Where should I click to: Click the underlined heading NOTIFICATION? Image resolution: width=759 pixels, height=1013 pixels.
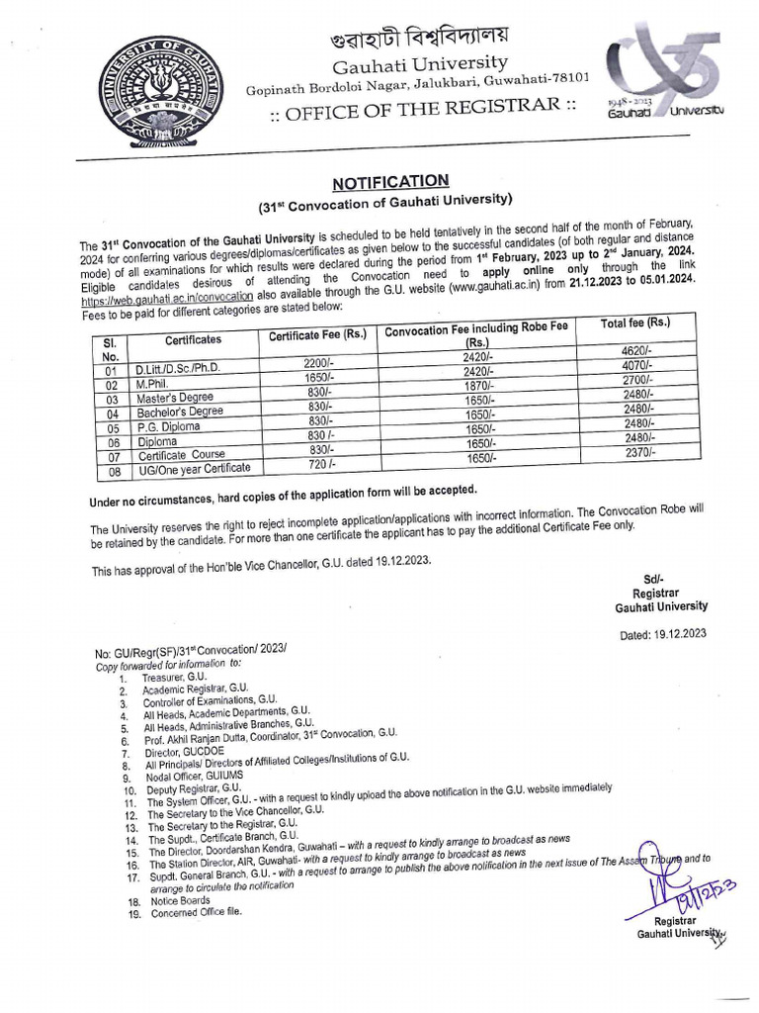389,182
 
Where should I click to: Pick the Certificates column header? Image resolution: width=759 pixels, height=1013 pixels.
193,339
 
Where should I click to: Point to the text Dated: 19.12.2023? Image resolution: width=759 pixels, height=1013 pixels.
662,634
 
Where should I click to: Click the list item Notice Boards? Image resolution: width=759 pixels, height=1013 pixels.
180,900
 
